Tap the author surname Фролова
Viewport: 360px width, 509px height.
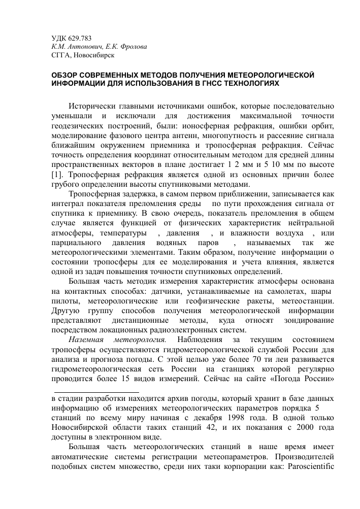tap(134, 46)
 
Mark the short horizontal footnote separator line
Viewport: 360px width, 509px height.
tap(96, 392)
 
